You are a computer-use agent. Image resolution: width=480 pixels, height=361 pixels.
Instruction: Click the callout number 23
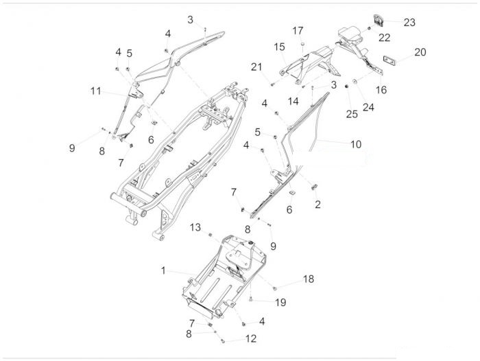coord(409,23)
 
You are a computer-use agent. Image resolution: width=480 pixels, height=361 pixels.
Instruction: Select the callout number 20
coord(420,52)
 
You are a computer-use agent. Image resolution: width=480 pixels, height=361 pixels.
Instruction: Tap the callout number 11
coord(95,91)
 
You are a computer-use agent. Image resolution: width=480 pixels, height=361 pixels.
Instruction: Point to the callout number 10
coord(356,144)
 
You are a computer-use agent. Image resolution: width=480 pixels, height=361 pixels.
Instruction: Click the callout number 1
coord(163,270)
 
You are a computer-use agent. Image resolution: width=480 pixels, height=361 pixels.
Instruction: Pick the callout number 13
coord(195,227)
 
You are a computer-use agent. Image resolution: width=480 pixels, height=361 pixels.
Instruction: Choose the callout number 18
coord(309,279)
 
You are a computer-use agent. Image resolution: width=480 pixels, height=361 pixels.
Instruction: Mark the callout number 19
coord(280,303)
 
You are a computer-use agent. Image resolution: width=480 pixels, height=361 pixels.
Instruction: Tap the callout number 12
coord(251,338)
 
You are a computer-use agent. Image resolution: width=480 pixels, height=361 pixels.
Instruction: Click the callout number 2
coord(317,205)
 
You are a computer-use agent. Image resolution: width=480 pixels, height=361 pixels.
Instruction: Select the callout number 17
coord(298,31)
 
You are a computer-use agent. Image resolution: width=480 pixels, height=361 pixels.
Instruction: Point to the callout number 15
coord(279,47)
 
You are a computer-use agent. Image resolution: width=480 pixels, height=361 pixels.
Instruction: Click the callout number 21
coord(256,67)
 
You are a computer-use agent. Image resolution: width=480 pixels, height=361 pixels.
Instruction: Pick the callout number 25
coord(352,115)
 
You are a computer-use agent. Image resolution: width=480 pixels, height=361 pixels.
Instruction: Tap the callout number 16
coord(381,90)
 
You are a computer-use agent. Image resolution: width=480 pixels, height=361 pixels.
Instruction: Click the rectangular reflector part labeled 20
coord(390,60)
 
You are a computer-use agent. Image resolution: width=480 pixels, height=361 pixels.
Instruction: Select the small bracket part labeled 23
coord(378,20)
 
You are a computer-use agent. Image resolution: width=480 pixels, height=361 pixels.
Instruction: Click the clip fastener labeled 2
coord(314,187)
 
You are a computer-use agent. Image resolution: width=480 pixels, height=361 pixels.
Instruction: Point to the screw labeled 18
coord(274,288)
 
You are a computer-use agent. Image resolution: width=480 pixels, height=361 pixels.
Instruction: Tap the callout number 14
coord(293,101)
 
